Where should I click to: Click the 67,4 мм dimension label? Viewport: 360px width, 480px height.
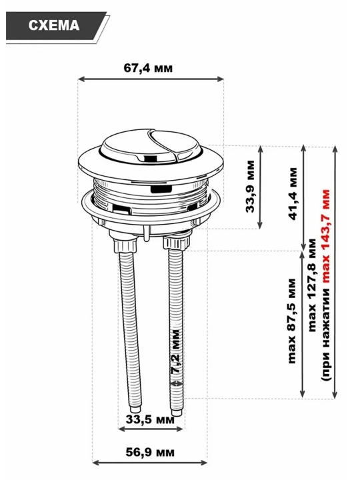click(x=148, y=67)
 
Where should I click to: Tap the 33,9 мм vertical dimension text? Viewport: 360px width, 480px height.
click(x=250, y=186)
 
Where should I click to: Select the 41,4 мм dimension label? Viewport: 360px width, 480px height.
click(x=293, y=193)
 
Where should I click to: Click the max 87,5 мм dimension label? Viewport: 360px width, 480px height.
click(x=292, y=321)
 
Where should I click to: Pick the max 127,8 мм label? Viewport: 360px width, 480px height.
click(x=311, y=285)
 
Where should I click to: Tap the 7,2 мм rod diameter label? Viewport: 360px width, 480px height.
click(x=176, y=351)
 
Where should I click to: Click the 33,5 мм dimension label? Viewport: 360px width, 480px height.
click(x=150, y=419)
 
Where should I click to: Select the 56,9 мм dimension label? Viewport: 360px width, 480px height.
click(x=150, y=452)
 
